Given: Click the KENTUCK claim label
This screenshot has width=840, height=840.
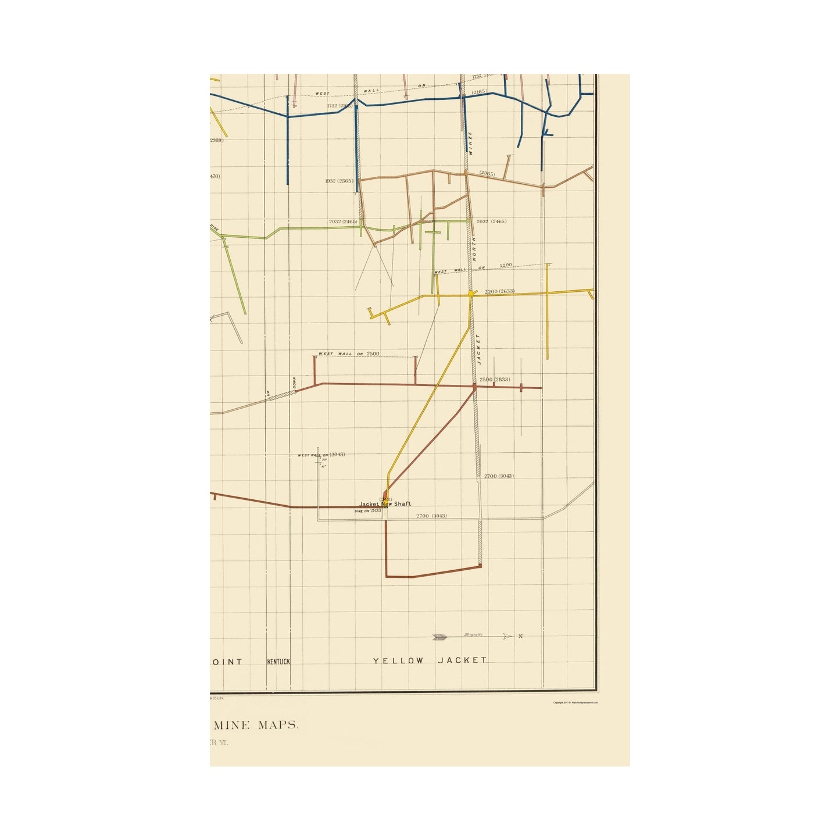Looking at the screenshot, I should click(278, 662).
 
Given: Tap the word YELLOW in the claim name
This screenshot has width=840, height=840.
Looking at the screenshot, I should click(398, 661).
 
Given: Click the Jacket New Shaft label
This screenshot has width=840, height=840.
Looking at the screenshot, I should click(385, 504).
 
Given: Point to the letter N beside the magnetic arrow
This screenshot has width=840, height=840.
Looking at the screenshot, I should click(520, 637).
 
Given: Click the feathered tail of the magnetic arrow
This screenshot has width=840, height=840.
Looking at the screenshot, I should click(439, 637).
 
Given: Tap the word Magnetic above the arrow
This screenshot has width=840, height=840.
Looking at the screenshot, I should click(473, 635).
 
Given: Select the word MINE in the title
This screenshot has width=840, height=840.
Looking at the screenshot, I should click(231, 725).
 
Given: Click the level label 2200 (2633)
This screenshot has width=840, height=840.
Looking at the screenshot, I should click(499, 291).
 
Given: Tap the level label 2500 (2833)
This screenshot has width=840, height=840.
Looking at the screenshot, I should click(494, 380).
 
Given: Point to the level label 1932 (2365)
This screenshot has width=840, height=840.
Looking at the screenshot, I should click(339, 181).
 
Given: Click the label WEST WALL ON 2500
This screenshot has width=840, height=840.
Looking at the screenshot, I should click(349, 353).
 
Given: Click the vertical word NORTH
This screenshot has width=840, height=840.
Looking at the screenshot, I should click(474, 249).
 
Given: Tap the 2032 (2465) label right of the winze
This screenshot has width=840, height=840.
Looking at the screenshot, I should click(491, 221).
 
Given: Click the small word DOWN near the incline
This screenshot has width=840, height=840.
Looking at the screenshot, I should click(295, 384).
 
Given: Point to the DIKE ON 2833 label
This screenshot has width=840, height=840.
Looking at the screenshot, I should click(368, 510).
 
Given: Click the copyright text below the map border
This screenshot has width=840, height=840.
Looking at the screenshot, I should click(575, 702).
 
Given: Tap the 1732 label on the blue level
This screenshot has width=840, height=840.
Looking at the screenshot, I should click(332, 106).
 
